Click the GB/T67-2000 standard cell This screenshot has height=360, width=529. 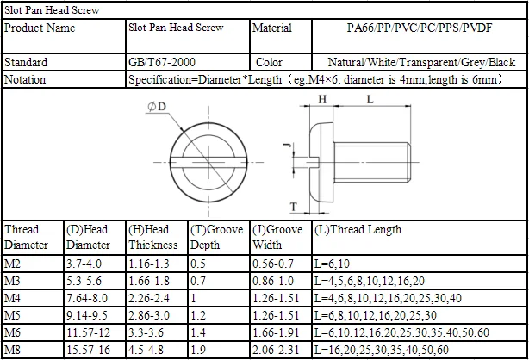pos(162,62)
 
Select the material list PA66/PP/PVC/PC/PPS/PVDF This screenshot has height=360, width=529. pos(420,28)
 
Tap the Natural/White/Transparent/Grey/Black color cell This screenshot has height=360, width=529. pos(421,62)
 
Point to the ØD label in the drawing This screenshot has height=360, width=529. pos(157,107)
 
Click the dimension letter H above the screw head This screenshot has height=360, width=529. pos(322,99)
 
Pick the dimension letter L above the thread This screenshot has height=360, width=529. pos(370,99)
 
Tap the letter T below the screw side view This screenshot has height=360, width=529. pos(294,207)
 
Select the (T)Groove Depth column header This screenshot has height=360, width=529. pos(216,237)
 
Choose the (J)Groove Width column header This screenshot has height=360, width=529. pos(277,237)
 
